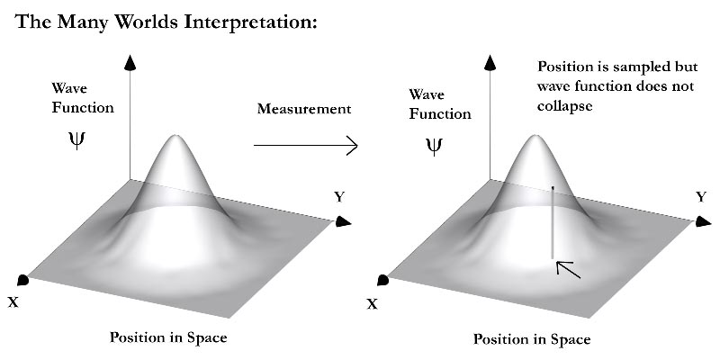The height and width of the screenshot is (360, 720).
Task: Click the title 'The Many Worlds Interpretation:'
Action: [167, 22]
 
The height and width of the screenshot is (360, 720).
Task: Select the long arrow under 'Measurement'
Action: [306, 145]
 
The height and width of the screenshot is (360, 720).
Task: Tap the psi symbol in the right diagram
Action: [435, 146]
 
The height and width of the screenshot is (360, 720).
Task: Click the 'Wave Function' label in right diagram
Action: [440, 103]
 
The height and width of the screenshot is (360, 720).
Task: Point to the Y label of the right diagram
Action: [701, 196]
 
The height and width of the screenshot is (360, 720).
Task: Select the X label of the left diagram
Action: [13, 302]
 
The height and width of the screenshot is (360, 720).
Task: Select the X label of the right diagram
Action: [372, 304]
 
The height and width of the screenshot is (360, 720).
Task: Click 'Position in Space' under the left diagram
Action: [168, 337]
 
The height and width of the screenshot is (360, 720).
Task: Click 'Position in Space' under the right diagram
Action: [532, 339]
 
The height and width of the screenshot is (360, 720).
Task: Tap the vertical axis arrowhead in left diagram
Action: [131, 61]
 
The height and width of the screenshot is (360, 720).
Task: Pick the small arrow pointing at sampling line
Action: [568, 267]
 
